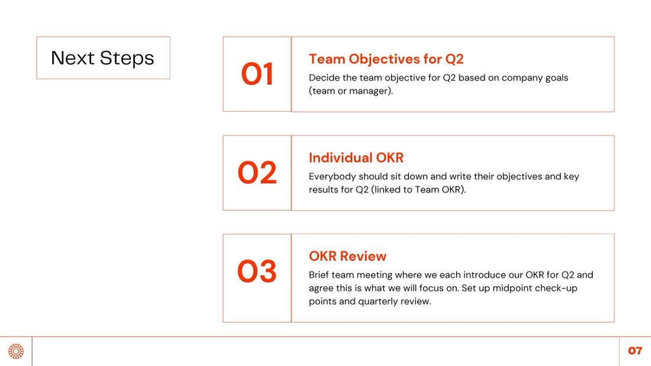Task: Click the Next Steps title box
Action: (x=103, y=58)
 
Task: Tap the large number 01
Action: (x=257, y=75)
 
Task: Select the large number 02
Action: (x=257, y=173)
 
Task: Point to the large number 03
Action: (x=257, y=271)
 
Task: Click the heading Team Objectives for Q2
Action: (x=386, y=59)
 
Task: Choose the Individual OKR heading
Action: (x=356, y=158)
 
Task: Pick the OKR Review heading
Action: (x=347, y=256)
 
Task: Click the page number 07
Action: (x=635, y=351)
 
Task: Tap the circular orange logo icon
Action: (x=16, y=351)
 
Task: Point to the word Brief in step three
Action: (x=319, y=275)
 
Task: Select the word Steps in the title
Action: (x=127, y=58)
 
